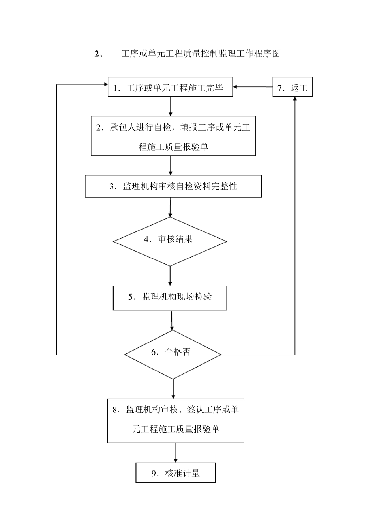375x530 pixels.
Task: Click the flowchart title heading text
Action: (x=187, y=54)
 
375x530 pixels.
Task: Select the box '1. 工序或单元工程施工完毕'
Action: (x=171, y=87)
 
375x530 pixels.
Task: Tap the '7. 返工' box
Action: (x=292, y=87)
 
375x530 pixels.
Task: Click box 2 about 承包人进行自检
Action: (x=173, y=136)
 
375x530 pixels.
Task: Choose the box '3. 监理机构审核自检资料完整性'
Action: (x=173, y=186)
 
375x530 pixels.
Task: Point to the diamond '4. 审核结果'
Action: (x=170, y=241)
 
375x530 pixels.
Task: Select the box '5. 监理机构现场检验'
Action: (x=170, y=298)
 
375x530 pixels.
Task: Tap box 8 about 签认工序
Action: (x=176, y=420)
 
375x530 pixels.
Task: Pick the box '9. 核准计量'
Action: (x=176, y=473)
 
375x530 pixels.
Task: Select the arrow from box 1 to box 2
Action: (x=171, y=106)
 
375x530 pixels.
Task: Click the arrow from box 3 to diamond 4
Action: (x=170, y=207)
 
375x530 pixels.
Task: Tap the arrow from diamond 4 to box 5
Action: (x=170, y=276)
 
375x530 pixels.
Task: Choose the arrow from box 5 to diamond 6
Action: (x=172, y=320)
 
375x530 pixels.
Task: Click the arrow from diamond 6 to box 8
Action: (x=173, y=389)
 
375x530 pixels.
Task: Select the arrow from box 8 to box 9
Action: (x=176, y=453)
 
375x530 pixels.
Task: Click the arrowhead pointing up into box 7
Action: (x=295, y=100)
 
